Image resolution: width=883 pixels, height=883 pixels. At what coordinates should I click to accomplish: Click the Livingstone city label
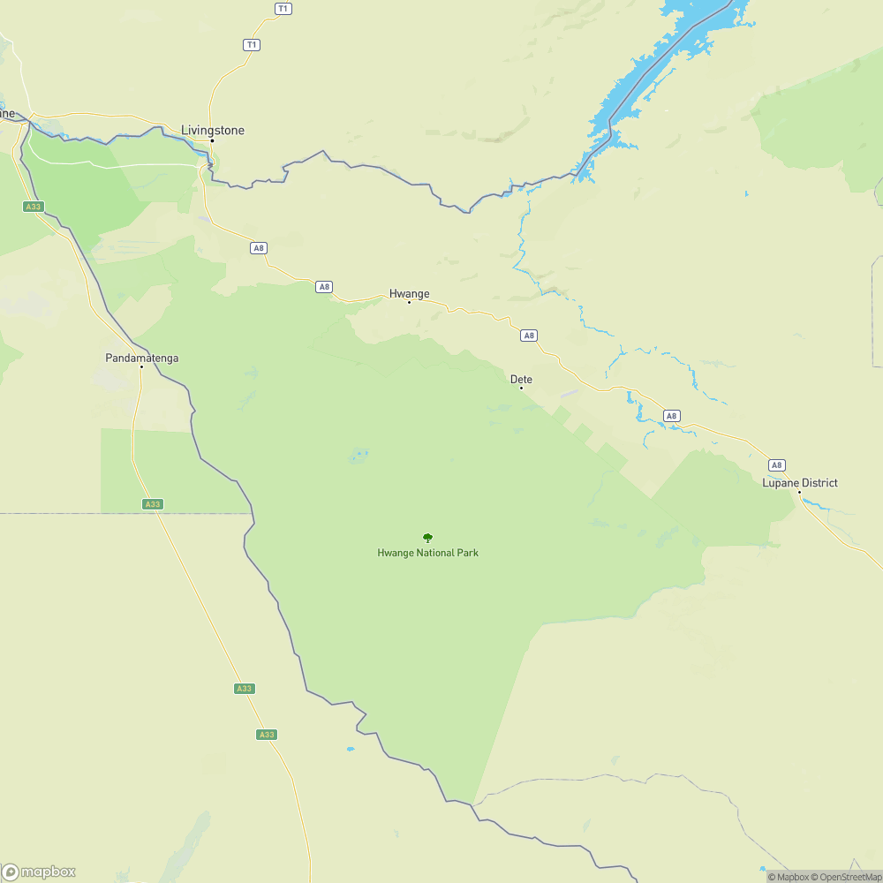(212, 130)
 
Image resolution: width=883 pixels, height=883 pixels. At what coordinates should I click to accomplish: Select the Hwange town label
(409, 293)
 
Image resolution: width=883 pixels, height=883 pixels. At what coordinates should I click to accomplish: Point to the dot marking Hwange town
(409, 303)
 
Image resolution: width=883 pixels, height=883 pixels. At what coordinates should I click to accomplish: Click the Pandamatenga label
(141, 358)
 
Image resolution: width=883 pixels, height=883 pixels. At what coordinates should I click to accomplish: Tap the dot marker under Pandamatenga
(141, 367)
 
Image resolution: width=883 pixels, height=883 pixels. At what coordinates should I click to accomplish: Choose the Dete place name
(521, 379)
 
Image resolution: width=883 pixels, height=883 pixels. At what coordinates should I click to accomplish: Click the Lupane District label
(800, 483)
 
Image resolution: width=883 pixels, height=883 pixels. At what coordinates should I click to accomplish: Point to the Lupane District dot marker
(800, 493)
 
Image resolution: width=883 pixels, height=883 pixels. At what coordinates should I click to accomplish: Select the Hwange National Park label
(427, 553)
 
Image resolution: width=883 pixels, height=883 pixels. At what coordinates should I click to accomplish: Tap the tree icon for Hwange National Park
(427, 538)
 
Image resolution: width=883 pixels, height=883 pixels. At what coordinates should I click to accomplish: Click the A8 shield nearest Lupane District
(776, 464)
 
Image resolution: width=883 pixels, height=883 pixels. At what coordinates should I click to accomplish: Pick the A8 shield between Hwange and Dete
(528, 336)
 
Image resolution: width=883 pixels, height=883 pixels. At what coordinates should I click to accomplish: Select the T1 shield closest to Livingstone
(252, 44)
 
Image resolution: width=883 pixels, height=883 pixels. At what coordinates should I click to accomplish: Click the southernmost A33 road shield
(266, 735)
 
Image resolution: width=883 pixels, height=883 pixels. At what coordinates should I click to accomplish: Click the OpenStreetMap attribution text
(847, 877)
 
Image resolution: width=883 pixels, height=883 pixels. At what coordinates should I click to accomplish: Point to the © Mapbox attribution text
(788, 877)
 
